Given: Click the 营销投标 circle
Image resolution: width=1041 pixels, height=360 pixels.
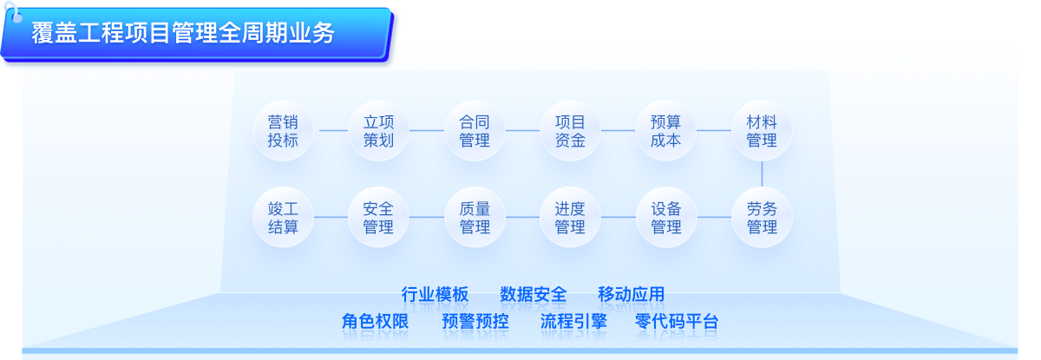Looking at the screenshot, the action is [283, 130].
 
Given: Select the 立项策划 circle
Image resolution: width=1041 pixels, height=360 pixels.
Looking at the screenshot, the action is [378, 130].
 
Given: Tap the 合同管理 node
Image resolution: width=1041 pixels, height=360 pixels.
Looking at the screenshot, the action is [475, 130].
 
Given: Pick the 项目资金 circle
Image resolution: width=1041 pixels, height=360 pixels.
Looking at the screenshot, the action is [570, 130].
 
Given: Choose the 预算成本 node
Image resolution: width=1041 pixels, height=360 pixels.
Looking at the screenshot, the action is [665, 130].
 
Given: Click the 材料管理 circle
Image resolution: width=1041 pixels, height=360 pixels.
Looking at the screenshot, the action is [762, 130].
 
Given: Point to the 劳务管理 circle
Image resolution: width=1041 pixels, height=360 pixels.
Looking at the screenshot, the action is [762, 218].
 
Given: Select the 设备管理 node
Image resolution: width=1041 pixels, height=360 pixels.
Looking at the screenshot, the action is [666, 218].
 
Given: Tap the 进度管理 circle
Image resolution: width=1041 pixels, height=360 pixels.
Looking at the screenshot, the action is [570, 218].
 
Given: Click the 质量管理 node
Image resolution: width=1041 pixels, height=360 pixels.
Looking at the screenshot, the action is [475, 218].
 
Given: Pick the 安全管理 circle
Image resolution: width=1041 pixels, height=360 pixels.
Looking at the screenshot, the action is [378, 218].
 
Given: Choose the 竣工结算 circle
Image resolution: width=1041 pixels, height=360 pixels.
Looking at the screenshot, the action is [283, 218].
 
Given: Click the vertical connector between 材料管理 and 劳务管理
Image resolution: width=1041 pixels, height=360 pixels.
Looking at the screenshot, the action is [762, 174].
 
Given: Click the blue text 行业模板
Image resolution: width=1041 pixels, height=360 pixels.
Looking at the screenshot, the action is [435, 294].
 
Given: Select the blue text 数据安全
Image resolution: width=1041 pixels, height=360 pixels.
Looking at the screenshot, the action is [533, 294].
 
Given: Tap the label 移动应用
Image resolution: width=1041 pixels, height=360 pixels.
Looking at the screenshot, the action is [631, 294].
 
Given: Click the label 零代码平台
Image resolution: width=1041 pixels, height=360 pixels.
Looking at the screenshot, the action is [677, 321].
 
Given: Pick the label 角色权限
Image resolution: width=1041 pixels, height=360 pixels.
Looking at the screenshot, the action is [375, 321].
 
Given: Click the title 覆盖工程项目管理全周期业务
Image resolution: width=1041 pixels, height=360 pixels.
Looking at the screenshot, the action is [183, 33].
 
